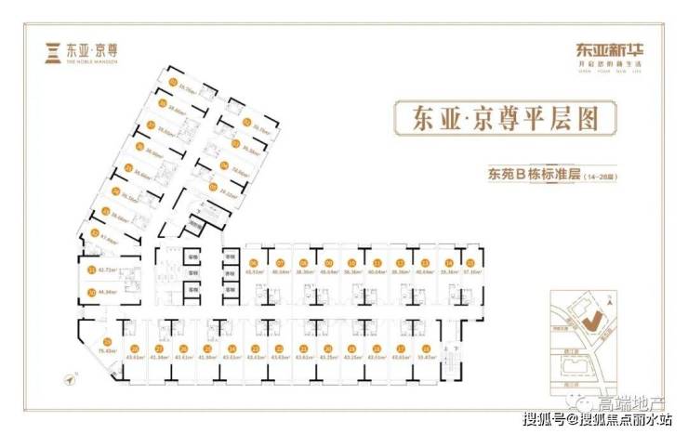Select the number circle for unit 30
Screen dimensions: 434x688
[x=91, y=292]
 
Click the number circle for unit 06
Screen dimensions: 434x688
[x=253, y=262]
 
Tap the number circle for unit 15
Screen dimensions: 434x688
[x=425, y=262]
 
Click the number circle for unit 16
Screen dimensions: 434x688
[x=449, y=262]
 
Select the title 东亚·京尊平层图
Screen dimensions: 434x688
[x=494, y=120]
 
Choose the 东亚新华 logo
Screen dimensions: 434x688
[x=602, y=51]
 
